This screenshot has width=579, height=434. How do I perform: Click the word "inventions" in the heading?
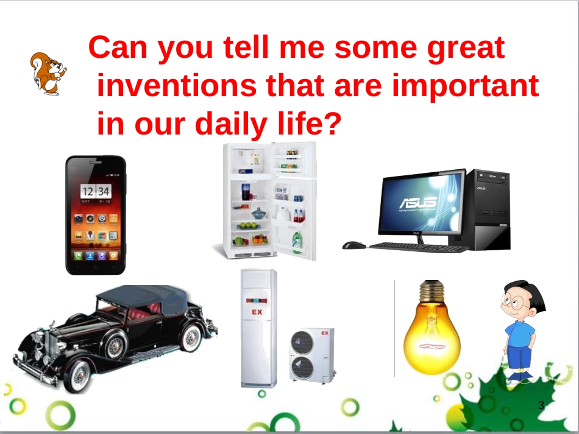(177, 85)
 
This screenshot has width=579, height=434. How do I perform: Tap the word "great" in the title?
(466, 49)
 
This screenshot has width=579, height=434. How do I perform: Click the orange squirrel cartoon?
(48, 74)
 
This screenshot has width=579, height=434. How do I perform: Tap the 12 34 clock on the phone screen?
(96, 191)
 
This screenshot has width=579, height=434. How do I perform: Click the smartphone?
(96, 215)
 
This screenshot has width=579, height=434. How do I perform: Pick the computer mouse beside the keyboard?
(353, 245)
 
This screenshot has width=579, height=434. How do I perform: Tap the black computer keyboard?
(417, 247)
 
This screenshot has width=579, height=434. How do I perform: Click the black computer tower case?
(488, 209)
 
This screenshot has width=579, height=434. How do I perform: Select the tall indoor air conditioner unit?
(258, 328)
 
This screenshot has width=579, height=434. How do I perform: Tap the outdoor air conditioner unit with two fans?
(312, 355)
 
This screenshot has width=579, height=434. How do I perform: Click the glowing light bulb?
(432, 327)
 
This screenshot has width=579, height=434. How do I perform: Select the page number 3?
(541, 405)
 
